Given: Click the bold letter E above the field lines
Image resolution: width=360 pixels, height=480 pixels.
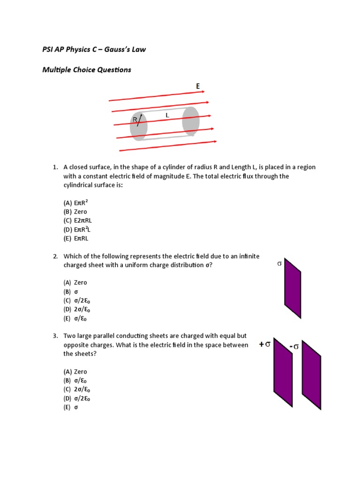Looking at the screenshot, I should [198, 86].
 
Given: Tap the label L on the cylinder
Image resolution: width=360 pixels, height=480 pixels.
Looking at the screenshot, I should [167, 115].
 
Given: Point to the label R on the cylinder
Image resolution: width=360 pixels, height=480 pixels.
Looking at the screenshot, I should [135, 120].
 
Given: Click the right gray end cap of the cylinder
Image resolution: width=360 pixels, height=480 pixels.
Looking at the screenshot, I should [191, 120].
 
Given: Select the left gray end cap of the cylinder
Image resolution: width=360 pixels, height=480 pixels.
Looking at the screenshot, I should [139, 126].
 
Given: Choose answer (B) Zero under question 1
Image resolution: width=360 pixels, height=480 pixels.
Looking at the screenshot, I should [75, 212].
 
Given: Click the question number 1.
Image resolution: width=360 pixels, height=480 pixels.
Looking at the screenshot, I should [55, 167].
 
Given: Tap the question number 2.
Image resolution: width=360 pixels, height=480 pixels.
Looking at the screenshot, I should [55, 256].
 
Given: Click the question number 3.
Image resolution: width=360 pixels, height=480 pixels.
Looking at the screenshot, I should [55, 336].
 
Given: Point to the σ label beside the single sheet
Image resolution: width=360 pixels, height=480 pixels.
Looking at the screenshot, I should [279, 264].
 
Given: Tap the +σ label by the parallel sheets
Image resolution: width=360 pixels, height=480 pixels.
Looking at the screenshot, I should [265, 344].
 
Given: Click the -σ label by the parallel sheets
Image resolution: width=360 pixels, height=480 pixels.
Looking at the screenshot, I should [294, 346].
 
